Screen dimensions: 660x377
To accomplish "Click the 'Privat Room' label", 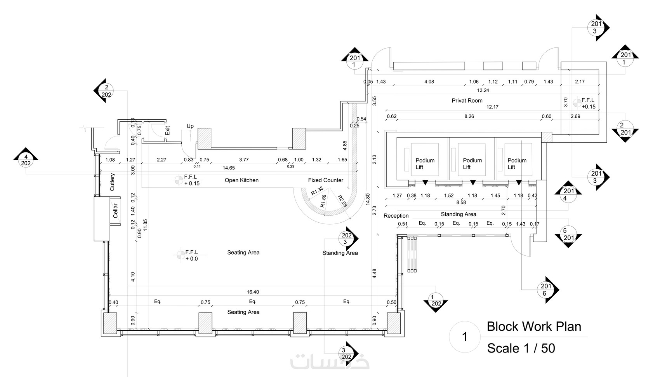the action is [467, 101].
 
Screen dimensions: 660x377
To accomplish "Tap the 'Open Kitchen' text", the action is [241, 180].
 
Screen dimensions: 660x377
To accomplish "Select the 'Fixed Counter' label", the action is [326, 180].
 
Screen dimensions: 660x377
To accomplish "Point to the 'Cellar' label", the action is [115, 211].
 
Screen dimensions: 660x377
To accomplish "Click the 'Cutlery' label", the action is [112, 182].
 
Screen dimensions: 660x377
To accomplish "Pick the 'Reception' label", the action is [396, 216].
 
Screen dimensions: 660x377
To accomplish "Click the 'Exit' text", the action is [167, 130].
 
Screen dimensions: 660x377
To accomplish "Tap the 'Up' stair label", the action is [190, 126].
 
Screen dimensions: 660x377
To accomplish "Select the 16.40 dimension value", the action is [253, 292].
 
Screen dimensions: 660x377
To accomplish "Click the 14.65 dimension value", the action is [229, 168].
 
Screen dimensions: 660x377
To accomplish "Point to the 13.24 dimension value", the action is [483, 90].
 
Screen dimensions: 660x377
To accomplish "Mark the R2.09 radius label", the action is [343, 201].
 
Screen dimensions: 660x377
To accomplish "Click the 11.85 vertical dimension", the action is [145, 225].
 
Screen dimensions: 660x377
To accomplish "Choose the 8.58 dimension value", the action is [461, 202].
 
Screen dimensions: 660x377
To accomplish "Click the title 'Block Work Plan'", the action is [534, 326].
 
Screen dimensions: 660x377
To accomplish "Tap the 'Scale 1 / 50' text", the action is [521, 348].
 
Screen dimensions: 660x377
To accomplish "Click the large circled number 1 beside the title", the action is [465, 337].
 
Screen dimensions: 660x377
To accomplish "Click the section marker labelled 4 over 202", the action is [26, 159].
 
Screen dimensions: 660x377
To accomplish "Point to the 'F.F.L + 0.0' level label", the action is [191, 255].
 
